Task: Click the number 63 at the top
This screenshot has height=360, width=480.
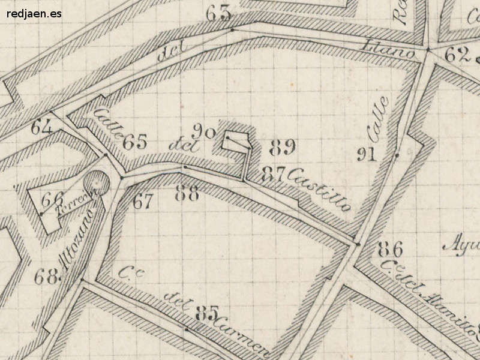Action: [218, 13]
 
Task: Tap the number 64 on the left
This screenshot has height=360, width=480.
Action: [41, 127]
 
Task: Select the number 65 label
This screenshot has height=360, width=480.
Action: [135, 142]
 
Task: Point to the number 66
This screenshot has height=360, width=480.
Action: [53, 197]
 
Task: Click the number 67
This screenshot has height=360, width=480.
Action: [143, 202]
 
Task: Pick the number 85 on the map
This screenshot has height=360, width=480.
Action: [206, 313]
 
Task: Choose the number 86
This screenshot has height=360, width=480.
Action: [390, 249]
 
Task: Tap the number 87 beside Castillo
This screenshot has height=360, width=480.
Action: [273, 174]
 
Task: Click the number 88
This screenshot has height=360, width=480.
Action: [187, 193]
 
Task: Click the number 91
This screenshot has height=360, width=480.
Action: [366, 154]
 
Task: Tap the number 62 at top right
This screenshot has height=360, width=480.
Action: [457, 55]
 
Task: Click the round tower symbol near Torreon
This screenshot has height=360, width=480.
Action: [96, 184]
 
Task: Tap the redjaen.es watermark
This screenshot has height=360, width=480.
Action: [35, 13]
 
